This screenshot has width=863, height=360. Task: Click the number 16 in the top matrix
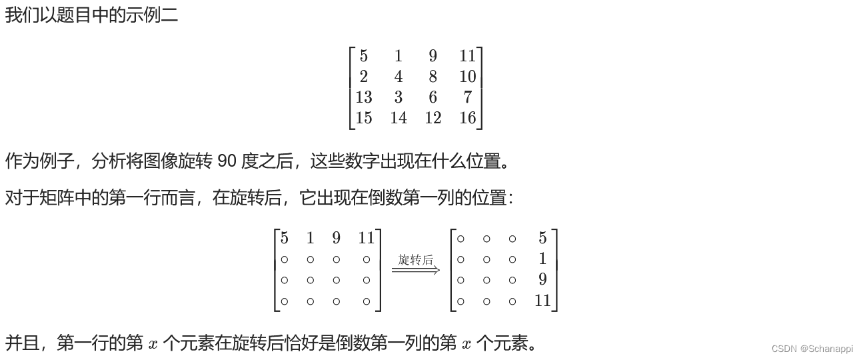(467, 118)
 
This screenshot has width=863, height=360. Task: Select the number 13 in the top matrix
(363, 97)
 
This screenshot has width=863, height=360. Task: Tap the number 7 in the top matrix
(467, 97)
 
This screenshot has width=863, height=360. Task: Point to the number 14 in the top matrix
(398, 118)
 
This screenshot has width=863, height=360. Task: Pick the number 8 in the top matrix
(432, 77)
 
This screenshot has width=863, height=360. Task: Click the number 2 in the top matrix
(363, 77)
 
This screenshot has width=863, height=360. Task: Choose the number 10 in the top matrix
(467, 77)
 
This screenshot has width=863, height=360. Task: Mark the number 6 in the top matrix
(432, 97)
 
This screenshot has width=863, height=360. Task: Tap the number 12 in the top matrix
(432, 118)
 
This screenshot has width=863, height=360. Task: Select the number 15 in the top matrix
(363, 118)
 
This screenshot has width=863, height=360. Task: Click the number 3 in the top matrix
(398, 97)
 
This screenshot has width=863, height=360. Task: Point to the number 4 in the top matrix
(398, 77)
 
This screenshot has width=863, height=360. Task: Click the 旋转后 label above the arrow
(415, 259)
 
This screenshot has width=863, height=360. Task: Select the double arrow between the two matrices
(415, 270)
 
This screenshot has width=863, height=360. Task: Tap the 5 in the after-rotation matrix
(542, 238)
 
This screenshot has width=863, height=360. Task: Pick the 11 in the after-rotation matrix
(542, 301)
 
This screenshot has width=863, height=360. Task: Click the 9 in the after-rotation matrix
(542, 280)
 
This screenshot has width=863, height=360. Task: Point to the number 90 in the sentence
(227, 161)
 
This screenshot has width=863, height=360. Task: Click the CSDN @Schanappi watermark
(811, 349)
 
